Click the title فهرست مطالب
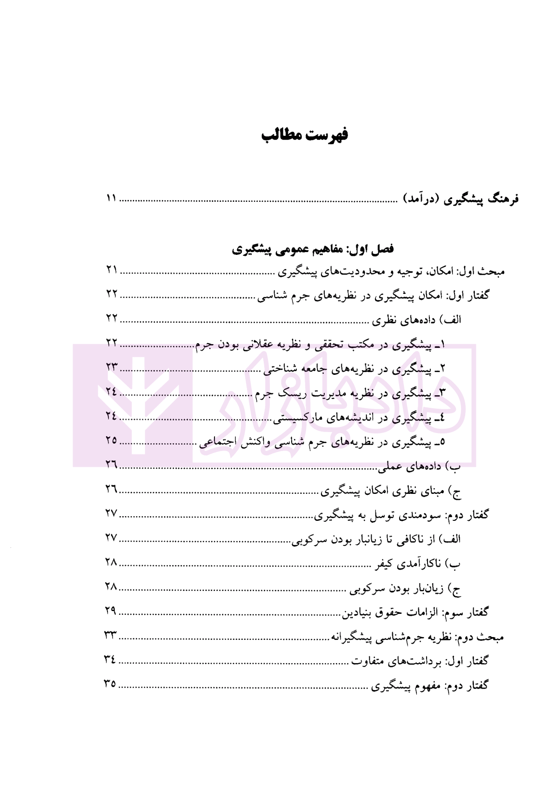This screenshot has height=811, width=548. [304, 136]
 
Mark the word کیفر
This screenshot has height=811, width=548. [386, 564]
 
